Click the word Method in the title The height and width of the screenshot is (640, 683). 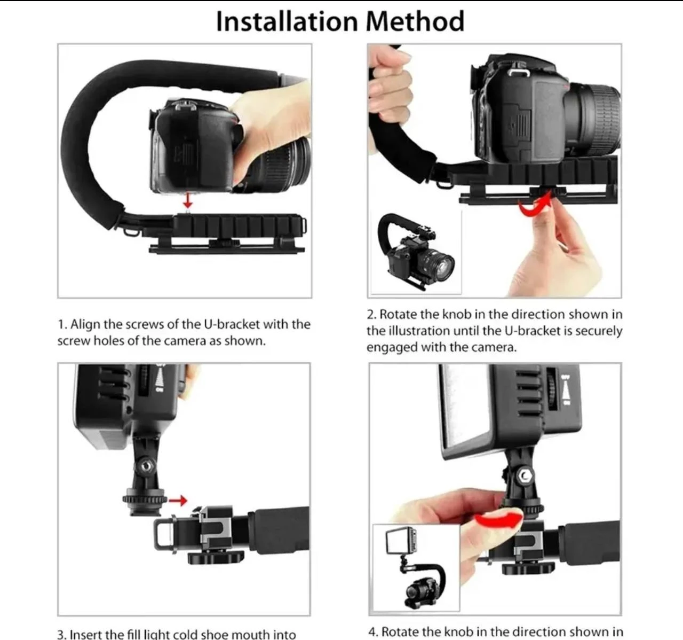click(415, 21)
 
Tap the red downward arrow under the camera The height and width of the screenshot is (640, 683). click(187, 201)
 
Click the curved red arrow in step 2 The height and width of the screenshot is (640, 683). click(536, 206)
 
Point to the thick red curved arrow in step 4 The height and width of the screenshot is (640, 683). click(499, 518)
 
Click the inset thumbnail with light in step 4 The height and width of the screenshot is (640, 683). click(415, 568)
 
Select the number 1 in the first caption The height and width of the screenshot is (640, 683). click(61, 325)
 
